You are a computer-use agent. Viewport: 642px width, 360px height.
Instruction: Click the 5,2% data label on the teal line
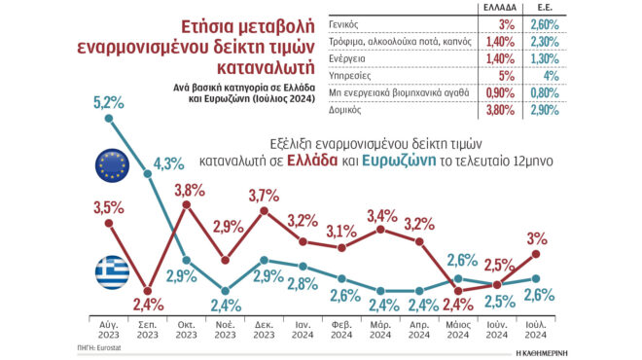pyautogui.click(x=108, y=101)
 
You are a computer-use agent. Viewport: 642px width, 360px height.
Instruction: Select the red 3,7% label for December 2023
pyautogui.click(x=264, y=196)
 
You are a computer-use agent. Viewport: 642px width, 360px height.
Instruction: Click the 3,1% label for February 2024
pyautogui.click(x=340, y=231)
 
